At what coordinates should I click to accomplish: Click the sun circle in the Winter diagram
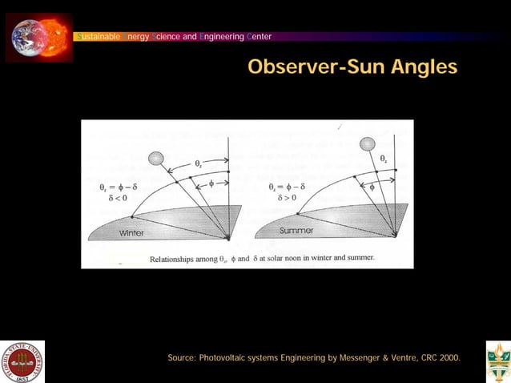click(156, 159)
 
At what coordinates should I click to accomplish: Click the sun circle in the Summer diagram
click(367, 144)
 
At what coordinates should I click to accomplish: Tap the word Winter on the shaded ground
click(132, 233)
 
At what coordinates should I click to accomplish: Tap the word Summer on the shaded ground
click(296, 231)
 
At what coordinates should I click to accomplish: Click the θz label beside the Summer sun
click(384, 159)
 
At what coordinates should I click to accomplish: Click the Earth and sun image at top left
click(38, 37)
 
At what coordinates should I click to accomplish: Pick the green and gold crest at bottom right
click(497, 362)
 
